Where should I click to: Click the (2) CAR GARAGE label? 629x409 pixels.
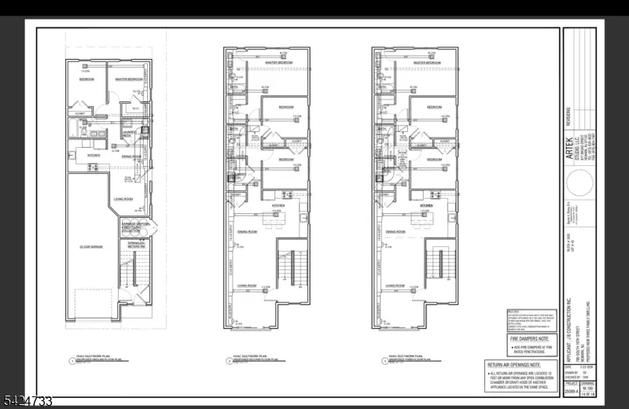(91, 247)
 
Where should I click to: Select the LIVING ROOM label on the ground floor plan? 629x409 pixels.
(124, 199)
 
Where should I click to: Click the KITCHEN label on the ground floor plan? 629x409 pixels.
(94, 155)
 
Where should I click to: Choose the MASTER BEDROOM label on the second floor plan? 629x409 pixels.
(278, 61)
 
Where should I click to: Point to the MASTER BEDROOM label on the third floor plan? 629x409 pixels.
(426, 61)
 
